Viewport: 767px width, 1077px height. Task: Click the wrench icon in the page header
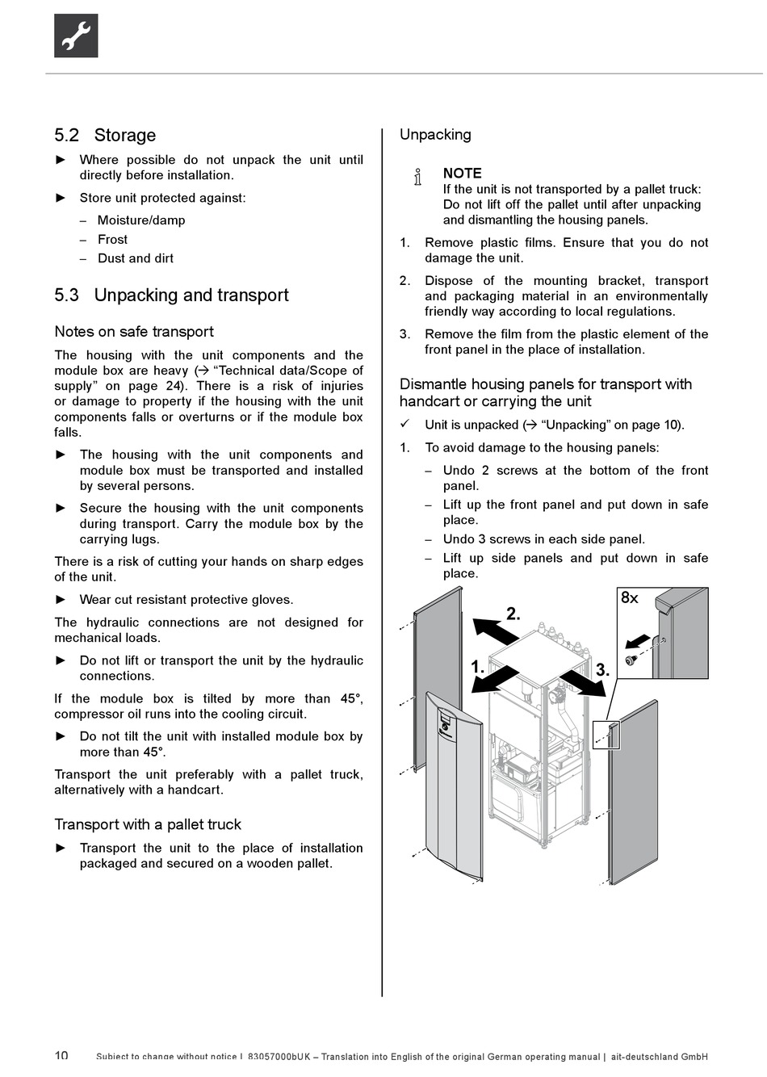(76, 36)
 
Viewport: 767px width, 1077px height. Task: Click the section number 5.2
(67, 136)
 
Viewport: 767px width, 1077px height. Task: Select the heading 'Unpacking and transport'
(191, 295)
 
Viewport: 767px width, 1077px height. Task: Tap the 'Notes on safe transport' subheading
(134, 332)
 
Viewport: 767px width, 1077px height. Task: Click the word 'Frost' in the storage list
(112, 240)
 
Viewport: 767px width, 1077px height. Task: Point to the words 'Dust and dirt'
(136, 258)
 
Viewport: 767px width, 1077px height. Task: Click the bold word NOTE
(462, 174)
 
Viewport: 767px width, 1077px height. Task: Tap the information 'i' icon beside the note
(417, 177)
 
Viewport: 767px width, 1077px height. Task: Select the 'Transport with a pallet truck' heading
(148, 824)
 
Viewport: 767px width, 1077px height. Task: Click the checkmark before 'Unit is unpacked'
(406, 424)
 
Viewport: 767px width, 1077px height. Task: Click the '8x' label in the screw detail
(630, 598)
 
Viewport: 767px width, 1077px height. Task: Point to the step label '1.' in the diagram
(478, 668)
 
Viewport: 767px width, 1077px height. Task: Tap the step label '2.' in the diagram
(513, 614)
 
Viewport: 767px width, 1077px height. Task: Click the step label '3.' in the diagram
(602, 670)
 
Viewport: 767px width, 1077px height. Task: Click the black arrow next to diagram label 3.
(583, 682)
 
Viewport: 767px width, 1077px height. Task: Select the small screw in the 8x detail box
(631, 660)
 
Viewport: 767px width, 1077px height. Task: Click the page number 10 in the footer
(61, 1056)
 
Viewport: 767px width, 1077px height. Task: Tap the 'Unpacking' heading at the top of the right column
(435, 135)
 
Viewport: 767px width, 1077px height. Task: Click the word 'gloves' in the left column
(273, 600)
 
